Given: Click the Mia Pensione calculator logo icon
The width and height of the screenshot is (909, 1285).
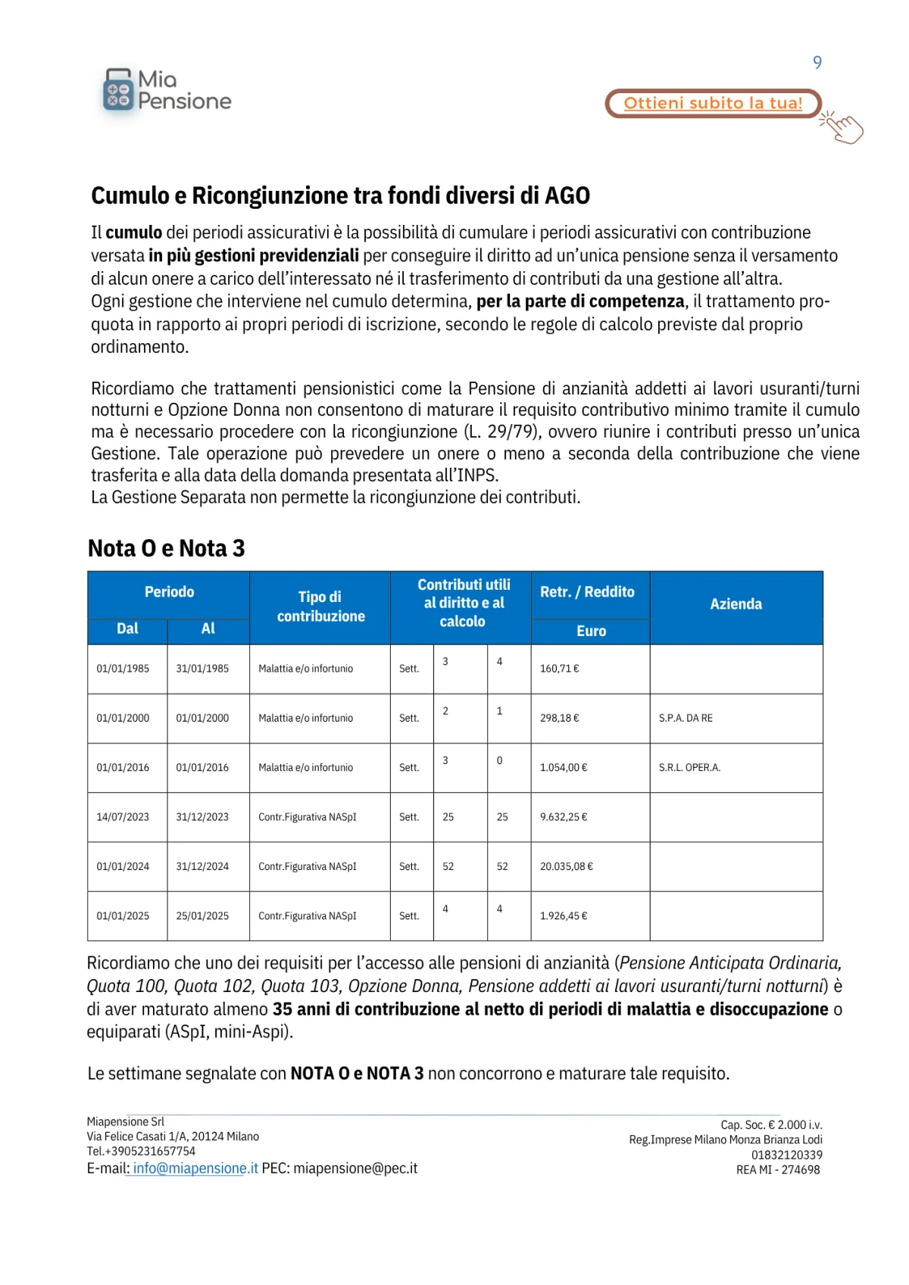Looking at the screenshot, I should click(117, 91).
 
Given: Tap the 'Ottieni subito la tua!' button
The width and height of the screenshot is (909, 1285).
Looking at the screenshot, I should click(712, 104).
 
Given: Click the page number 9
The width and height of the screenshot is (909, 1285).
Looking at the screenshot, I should click(817, 62).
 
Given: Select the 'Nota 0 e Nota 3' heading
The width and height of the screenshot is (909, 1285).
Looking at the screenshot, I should click(166, 548).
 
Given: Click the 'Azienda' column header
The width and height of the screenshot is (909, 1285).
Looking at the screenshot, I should click(736, 604).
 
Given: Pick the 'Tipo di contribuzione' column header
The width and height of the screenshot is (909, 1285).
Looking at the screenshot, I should click(320, 607).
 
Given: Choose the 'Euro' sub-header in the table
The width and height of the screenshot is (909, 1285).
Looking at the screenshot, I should click(591, 632).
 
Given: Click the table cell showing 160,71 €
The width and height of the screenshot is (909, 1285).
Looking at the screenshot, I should click(559, 669).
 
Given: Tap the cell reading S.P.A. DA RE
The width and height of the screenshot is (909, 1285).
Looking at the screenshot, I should click(686, 718).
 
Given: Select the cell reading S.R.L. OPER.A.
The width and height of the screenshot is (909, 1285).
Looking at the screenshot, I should click(689, 768).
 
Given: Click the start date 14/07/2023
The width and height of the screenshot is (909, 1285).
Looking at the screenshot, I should click(123, 817).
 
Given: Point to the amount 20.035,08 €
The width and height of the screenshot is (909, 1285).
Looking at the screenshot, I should click(566, 866).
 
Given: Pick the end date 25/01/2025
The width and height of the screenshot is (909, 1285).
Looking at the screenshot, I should click(202, 916).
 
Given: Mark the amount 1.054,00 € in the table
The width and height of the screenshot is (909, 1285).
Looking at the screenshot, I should click(563, 768).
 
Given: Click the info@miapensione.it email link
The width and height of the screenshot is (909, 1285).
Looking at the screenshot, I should click(195, 1168).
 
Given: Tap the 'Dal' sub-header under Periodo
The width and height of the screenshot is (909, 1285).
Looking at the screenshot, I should click(127, 629).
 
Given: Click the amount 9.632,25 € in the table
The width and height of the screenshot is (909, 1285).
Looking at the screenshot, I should click(563, 817).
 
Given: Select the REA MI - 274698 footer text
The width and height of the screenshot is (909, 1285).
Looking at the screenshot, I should click(777, 1170).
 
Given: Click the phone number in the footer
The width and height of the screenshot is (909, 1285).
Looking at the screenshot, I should click(141, 1151).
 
